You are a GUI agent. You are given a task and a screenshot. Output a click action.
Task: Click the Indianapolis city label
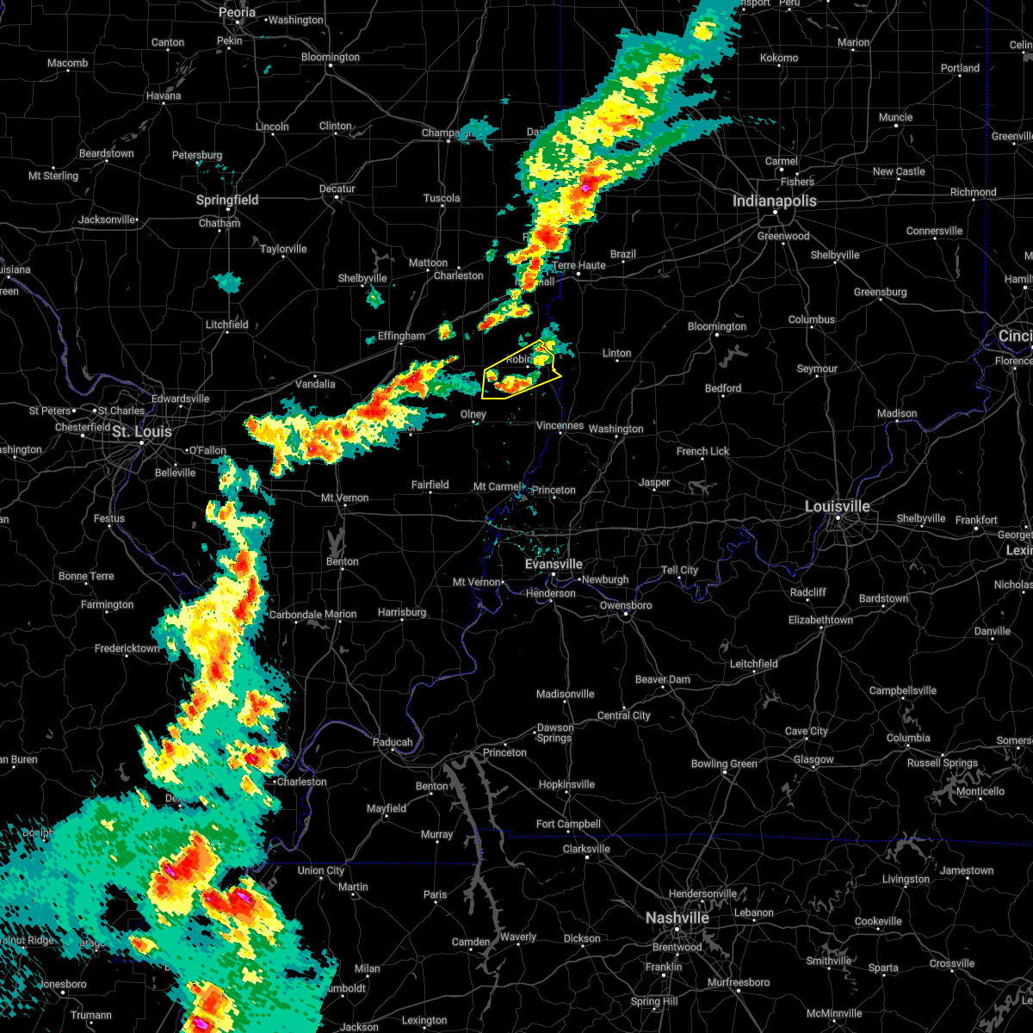[x=774, y=201]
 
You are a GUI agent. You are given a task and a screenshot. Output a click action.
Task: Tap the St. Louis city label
[x=141, y=431]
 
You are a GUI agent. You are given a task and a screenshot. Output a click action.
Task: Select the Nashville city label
[x=677, y=919]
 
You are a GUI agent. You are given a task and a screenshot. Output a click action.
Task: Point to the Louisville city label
[x=837, y=506]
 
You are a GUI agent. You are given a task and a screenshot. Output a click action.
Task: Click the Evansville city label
[x=554, y=564]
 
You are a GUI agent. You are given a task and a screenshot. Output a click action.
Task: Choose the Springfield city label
[x=227, y=200]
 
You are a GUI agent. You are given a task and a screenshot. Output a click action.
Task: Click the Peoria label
[x=237, y=12]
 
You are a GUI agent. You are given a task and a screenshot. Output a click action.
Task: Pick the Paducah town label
[x=392, y=742]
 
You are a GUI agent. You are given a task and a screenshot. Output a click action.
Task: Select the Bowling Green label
[x=724, y=764]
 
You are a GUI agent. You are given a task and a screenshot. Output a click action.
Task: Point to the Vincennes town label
[x=560, y=425]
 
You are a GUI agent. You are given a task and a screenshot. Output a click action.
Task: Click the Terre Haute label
[x=578, y=265]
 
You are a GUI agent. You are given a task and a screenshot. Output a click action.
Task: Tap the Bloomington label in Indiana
[x=717, y=326]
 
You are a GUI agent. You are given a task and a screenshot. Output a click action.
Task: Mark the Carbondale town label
[x=295, y=615]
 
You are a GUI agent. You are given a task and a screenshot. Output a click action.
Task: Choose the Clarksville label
[x=586, y=849]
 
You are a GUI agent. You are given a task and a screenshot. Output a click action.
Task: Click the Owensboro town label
[x=626, y=605]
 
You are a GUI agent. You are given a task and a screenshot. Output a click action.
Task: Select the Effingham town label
[x=401, y=336]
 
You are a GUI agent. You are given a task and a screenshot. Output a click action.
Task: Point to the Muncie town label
[x=895, y=117]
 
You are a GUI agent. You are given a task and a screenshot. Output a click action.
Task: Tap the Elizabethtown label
[x=820, y=620]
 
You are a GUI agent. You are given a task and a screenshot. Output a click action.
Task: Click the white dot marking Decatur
[x=337, y=197]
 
